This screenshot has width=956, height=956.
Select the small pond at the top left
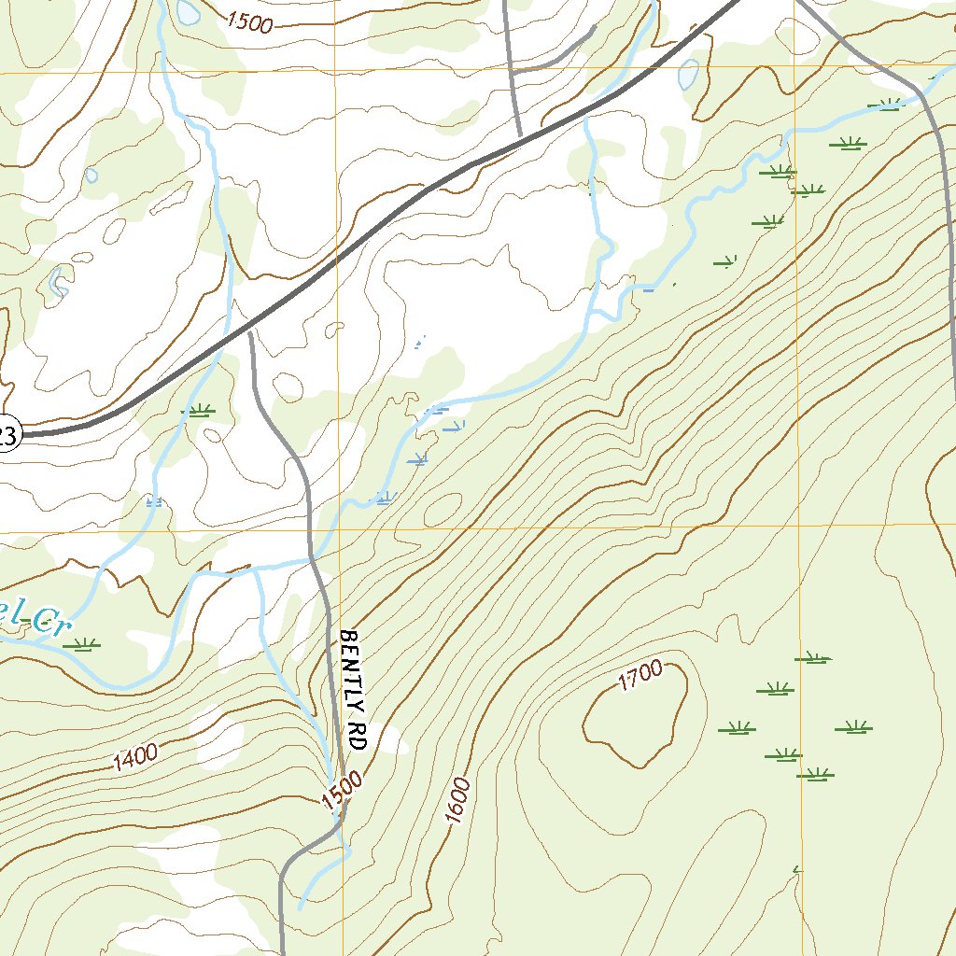189,12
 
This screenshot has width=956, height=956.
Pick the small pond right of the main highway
689,74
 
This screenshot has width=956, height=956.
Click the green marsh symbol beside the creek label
85,643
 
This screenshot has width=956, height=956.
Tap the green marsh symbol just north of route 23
198,410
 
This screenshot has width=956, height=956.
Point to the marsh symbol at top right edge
886,104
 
